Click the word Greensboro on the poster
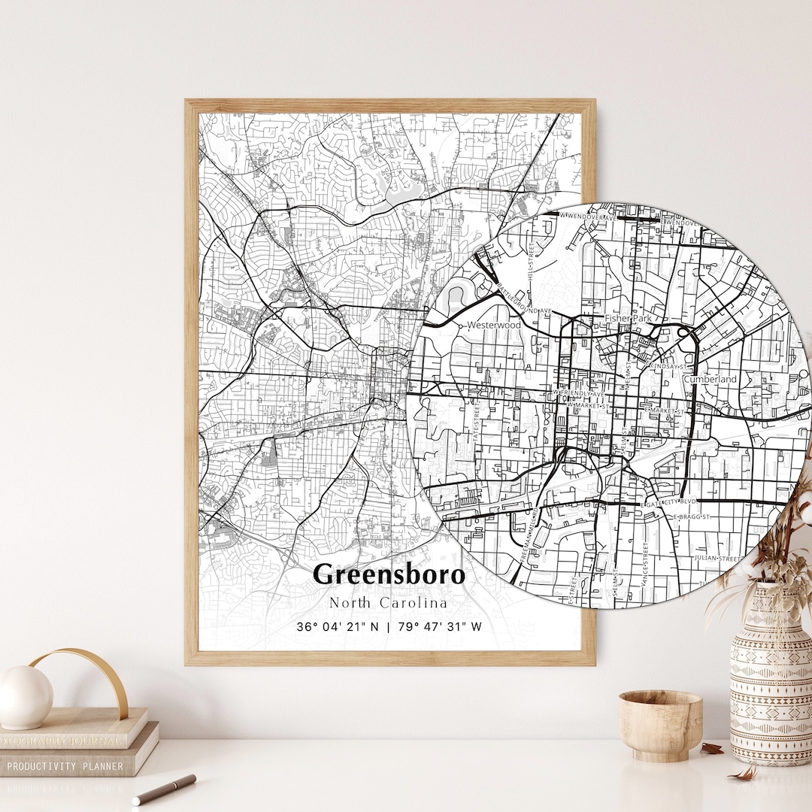[x=389, y=574]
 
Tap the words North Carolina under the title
[x=388, y=603]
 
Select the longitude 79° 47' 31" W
[x=439, y=626]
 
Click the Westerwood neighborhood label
[x=493, y=326]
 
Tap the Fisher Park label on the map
[x=628, y=319]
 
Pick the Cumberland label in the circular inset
[x=710, y=380]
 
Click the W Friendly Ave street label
[x=579, y=393]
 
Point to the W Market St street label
[x=589, y=406]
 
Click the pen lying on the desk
[x=164, y=789]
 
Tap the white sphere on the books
[x=25, y=697]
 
